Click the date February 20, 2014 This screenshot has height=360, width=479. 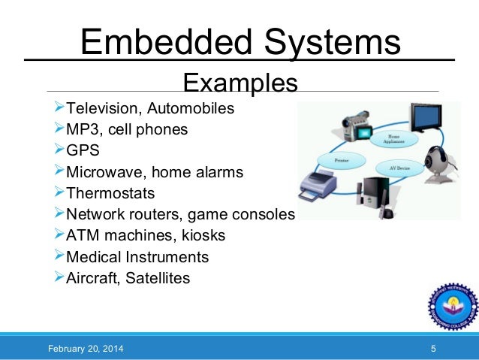pos(86,349)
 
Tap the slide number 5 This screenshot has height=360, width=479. pos(433,349)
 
